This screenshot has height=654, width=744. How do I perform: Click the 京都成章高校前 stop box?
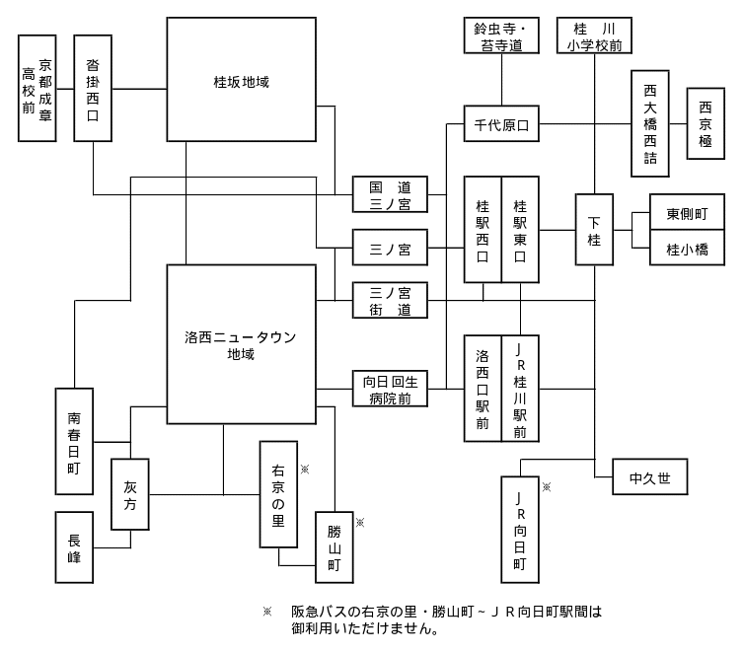point(37,88)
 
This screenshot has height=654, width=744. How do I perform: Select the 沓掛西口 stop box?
point(93,88)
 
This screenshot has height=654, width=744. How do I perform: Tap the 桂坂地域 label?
point(241,80)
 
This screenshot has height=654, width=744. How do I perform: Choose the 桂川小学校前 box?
point(594,35)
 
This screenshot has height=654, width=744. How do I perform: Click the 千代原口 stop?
point(501,124)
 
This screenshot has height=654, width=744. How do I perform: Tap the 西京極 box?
point(706,123)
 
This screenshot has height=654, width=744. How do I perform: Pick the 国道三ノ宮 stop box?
point(390,194)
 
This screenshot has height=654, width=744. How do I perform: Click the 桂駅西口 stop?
point(483,230)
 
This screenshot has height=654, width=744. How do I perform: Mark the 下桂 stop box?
point(594,230)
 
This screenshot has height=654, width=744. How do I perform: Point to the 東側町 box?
point(687,211)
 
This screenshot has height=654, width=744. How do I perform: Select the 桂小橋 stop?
point(687,249)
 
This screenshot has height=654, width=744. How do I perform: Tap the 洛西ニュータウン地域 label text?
point(241,344)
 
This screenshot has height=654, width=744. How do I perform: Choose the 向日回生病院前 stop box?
point(390,389)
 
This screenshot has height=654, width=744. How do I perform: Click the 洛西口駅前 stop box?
point(483,389)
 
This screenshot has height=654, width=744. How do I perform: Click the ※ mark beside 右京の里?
point(304,470)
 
